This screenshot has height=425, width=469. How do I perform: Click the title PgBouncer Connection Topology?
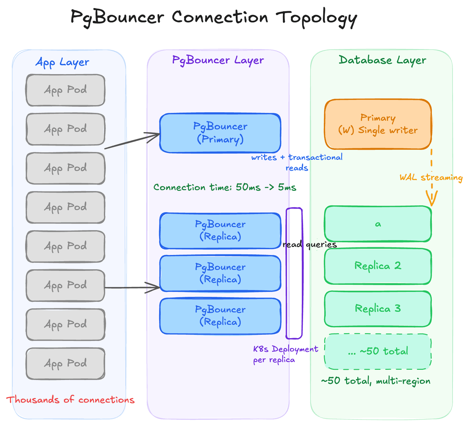pos(214,17)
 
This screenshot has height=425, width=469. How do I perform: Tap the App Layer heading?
pos(62,62)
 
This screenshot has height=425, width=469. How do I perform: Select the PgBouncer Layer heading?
pos(218,60)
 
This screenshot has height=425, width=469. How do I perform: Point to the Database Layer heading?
pos(382,60)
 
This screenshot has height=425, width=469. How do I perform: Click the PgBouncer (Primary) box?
pos(220,133)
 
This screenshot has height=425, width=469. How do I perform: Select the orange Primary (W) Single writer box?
pos(378,124)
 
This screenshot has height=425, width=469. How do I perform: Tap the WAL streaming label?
pos(431,177)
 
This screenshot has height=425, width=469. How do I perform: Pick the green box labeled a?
pos(378,224)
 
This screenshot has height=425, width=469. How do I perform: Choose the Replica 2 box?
pos(378,266)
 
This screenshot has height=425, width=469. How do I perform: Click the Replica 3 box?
pos(378,309)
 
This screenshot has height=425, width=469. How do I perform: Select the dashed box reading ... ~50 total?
pos(378,351)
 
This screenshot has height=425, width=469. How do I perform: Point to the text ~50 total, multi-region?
pos(376,381)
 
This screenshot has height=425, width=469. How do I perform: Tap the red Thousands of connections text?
pos(70,400)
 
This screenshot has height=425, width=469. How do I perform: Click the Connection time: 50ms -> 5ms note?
pos(225,187)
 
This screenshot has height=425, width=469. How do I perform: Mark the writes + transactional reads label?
pos(297,162)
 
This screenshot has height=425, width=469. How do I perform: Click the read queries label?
pos(310,244)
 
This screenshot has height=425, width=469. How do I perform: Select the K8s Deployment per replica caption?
pos(285,354)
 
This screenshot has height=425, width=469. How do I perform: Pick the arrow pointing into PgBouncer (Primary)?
pos(132,141)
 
